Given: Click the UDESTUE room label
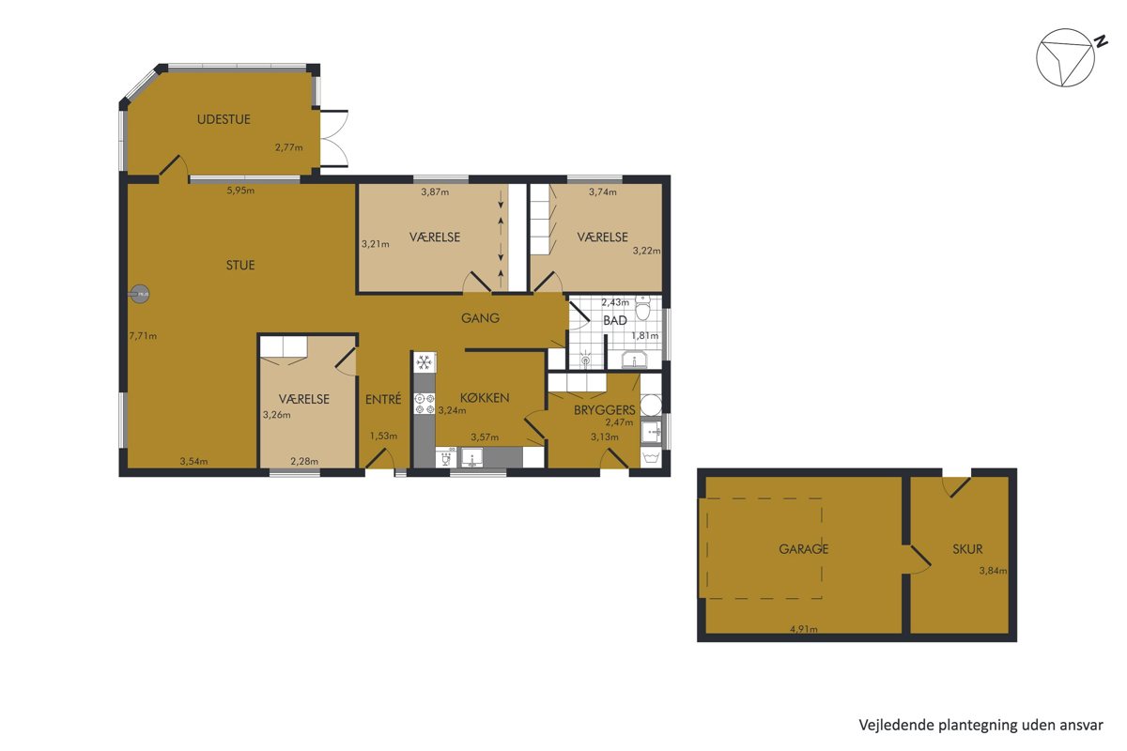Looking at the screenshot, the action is point(224,120).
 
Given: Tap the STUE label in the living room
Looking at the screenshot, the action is point(240,266).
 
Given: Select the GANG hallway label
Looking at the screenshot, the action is point(481,318).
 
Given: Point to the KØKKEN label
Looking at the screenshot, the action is point(485,398).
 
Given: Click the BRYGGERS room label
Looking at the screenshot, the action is point(604,410).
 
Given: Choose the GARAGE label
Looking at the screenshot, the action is point(804,549).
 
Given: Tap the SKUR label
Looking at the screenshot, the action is point(967,549).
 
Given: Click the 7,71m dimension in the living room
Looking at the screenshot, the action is point(143,336).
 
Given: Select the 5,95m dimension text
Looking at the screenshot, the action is point(240,191).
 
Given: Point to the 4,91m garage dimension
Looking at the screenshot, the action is point(804,629).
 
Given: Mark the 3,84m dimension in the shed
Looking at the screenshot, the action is point(993,571).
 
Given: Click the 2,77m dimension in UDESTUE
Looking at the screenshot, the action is point(289,148).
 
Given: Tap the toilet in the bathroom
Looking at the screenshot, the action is point(642,308).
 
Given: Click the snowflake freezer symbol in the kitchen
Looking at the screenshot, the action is point(425,362).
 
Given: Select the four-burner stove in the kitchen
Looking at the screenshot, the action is point(425,404).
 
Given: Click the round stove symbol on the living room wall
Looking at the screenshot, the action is point(139,294).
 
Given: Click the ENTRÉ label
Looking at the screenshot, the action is point(383,399).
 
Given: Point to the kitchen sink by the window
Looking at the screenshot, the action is point(471,458).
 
